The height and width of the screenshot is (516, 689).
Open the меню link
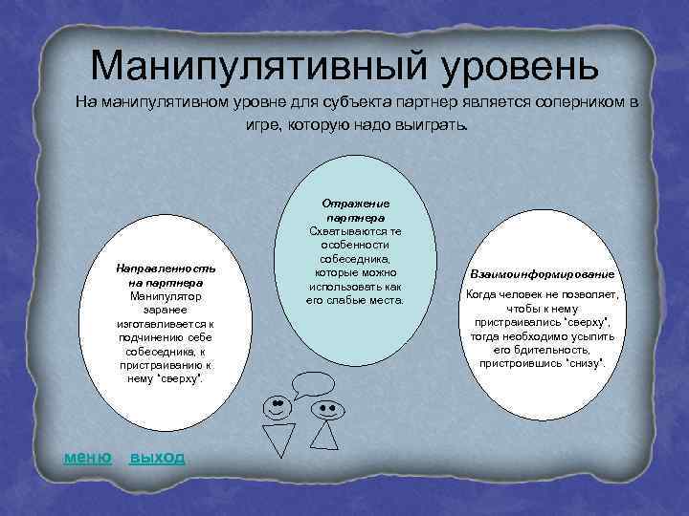(x=87, y=457)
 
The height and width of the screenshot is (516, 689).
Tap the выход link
(x=157, y=457)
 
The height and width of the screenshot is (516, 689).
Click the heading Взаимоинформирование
(x=542, y=274)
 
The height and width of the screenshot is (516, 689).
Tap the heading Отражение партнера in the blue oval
(x=354, y=211)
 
